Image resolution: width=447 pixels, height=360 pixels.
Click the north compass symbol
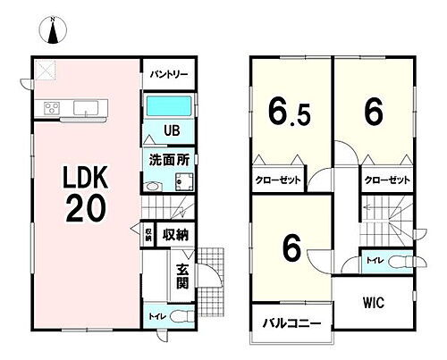[x=53, y=32]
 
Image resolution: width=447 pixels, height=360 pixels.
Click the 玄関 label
[x=181, y=278]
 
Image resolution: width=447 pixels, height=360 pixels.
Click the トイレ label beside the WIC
[x=370, y=261]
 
